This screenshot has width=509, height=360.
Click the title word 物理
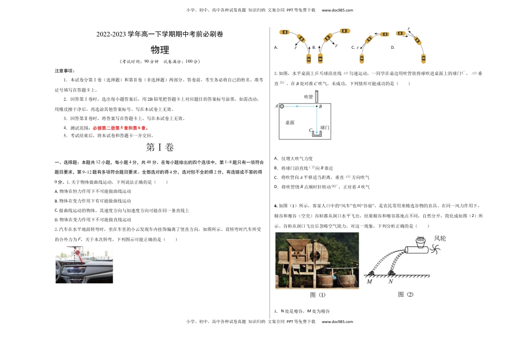(x=160, y=50)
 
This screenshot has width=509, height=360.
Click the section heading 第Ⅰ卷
(x=160, y=147)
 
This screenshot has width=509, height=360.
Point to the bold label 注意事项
(x=65, y=71)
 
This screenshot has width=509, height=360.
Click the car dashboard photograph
(x=84, y=265)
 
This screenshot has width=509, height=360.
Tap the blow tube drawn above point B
(x=316, y=96)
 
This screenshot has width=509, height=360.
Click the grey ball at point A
(x=282, y=107)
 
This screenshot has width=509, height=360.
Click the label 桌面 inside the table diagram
(x=290, y=123)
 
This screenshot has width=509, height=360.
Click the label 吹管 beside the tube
(x=308, y=96)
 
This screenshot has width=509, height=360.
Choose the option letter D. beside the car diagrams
(x=392, y=48)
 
